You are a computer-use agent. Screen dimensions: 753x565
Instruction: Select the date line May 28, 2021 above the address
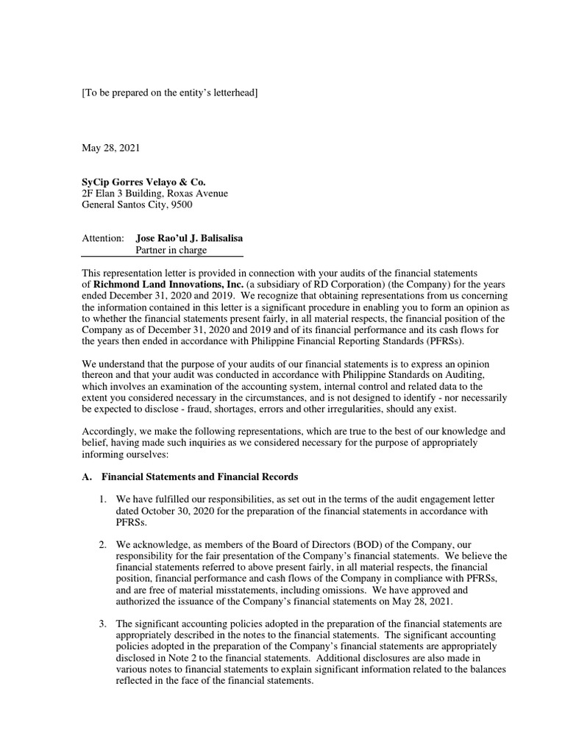pyautogui.click(x=110, y=148)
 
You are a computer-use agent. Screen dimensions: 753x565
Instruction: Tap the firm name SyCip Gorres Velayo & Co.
pyautogui.click(x=144, y=182)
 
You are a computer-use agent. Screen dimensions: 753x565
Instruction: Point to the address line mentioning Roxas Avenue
pyautogui.click(x=154, y=193)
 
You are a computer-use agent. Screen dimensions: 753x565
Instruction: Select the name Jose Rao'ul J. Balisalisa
pyautogui.click(x=191, y=238)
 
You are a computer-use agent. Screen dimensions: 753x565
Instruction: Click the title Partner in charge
pyautogui.click(x=171, y=250)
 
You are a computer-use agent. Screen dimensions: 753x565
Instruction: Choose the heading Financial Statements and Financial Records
pyautogui.click(x=199, y=477)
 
